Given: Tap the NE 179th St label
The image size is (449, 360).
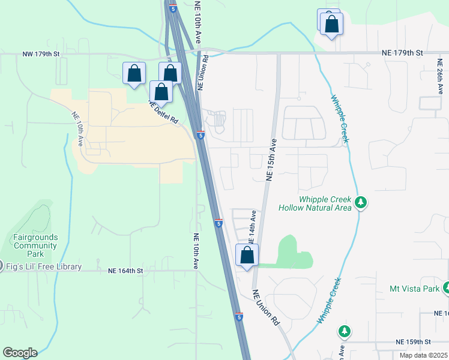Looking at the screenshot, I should (402, 53).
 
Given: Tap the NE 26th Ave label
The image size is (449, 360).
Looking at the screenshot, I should (441, 77).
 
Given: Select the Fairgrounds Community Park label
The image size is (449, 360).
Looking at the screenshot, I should (36, 241).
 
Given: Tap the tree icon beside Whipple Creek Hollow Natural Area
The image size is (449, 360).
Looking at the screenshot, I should (361, 203).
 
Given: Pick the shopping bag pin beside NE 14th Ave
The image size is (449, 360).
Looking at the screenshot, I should (247, 256).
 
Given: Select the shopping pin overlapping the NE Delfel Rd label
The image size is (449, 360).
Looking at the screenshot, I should (161, 92).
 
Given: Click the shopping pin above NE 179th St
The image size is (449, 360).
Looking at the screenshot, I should (331, 25).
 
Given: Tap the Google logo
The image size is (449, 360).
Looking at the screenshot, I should (20, 353).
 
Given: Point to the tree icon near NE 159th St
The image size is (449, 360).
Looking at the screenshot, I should (344, 331).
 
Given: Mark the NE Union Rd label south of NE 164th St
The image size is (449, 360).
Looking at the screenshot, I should (266, 308).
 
